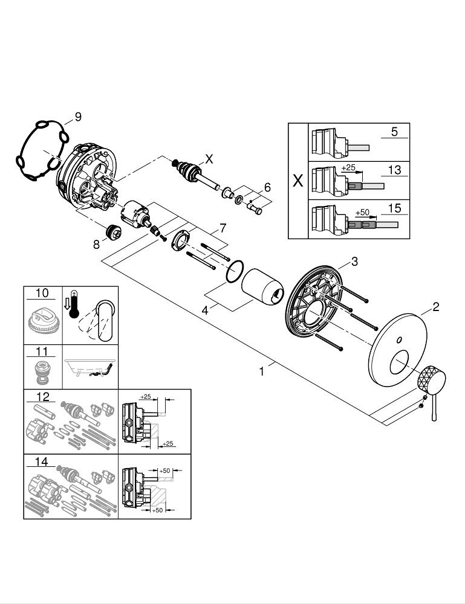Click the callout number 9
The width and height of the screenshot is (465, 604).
[x=77, y=117]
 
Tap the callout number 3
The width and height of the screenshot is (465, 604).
[x=355, y=262]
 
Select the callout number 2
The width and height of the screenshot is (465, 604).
[x=435, y=307]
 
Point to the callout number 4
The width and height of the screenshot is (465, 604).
[x=206, y=311]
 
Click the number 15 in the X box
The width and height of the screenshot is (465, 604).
[x=394, y=208]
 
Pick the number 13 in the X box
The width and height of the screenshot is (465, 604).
[x=394, y=171]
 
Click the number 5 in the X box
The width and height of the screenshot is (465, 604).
[x=394, y=131]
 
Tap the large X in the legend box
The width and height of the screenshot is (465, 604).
[x=298, y=181]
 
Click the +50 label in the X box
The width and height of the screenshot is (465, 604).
[x=362, y=213]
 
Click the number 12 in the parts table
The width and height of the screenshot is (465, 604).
[x=42, y=396]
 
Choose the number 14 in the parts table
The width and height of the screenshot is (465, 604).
[x=42, y=462]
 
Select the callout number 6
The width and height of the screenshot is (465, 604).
[x=267, y=188]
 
